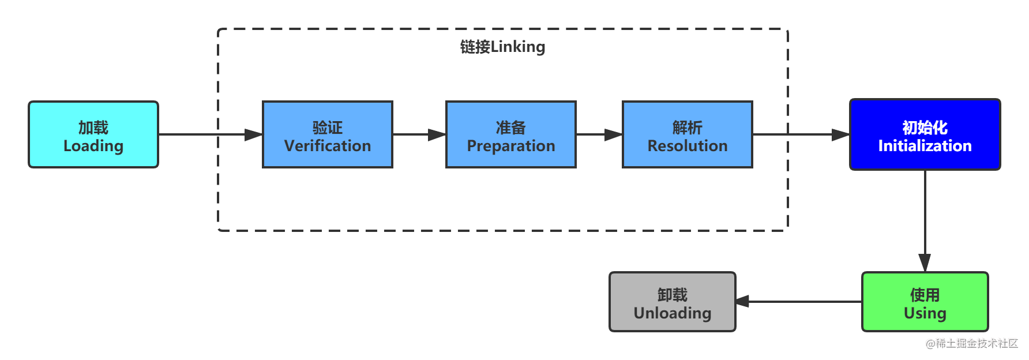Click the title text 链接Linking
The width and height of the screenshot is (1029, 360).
(502, 47)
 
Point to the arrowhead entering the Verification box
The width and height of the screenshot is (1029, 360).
(253, 134)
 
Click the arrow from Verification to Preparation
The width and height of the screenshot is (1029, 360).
(419, 134)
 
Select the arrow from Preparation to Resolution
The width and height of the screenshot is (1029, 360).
(599, 134)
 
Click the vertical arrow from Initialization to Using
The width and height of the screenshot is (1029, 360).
(925, 219)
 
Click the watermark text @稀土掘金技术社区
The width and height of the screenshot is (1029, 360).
(971, 342)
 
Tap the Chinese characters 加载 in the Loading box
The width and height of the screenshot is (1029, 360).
(93, 127)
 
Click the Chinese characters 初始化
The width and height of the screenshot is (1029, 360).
(925, 127)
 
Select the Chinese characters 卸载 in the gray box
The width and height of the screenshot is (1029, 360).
(672, 294)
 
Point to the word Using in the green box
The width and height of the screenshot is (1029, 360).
(925, 313)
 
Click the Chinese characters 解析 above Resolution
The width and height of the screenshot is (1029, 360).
(687, 127)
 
